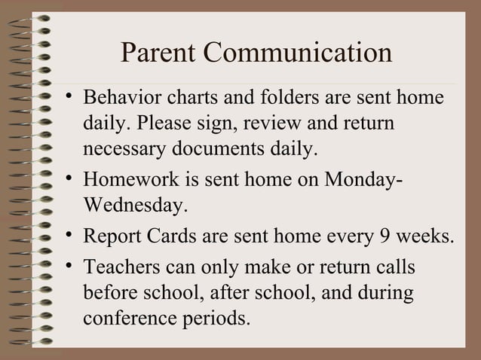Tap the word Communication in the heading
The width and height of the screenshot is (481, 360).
299,53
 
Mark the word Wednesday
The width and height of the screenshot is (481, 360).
133,204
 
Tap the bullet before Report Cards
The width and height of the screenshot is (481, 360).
68,236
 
